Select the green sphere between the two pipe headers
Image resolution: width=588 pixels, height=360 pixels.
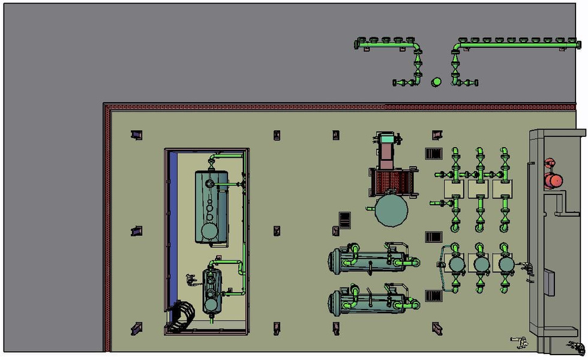pos(437,82)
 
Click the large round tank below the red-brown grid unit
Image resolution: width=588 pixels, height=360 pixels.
pos(391,209)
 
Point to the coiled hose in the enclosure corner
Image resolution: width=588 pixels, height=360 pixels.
pos(182,317)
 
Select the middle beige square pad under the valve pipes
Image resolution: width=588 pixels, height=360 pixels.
pos(479,189)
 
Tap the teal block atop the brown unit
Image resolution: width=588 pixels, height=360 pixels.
pos(389,140)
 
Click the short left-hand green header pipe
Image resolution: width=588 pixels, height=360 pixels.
pos(384,44)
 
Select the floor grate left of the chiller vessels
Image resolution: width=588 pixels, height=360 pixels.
pos(345,220)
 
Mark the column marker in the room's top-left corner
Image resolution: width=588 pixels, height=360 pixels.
pos(136,135)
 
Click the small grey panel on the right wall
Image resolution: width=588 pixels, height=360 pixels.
pos(549,282)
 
